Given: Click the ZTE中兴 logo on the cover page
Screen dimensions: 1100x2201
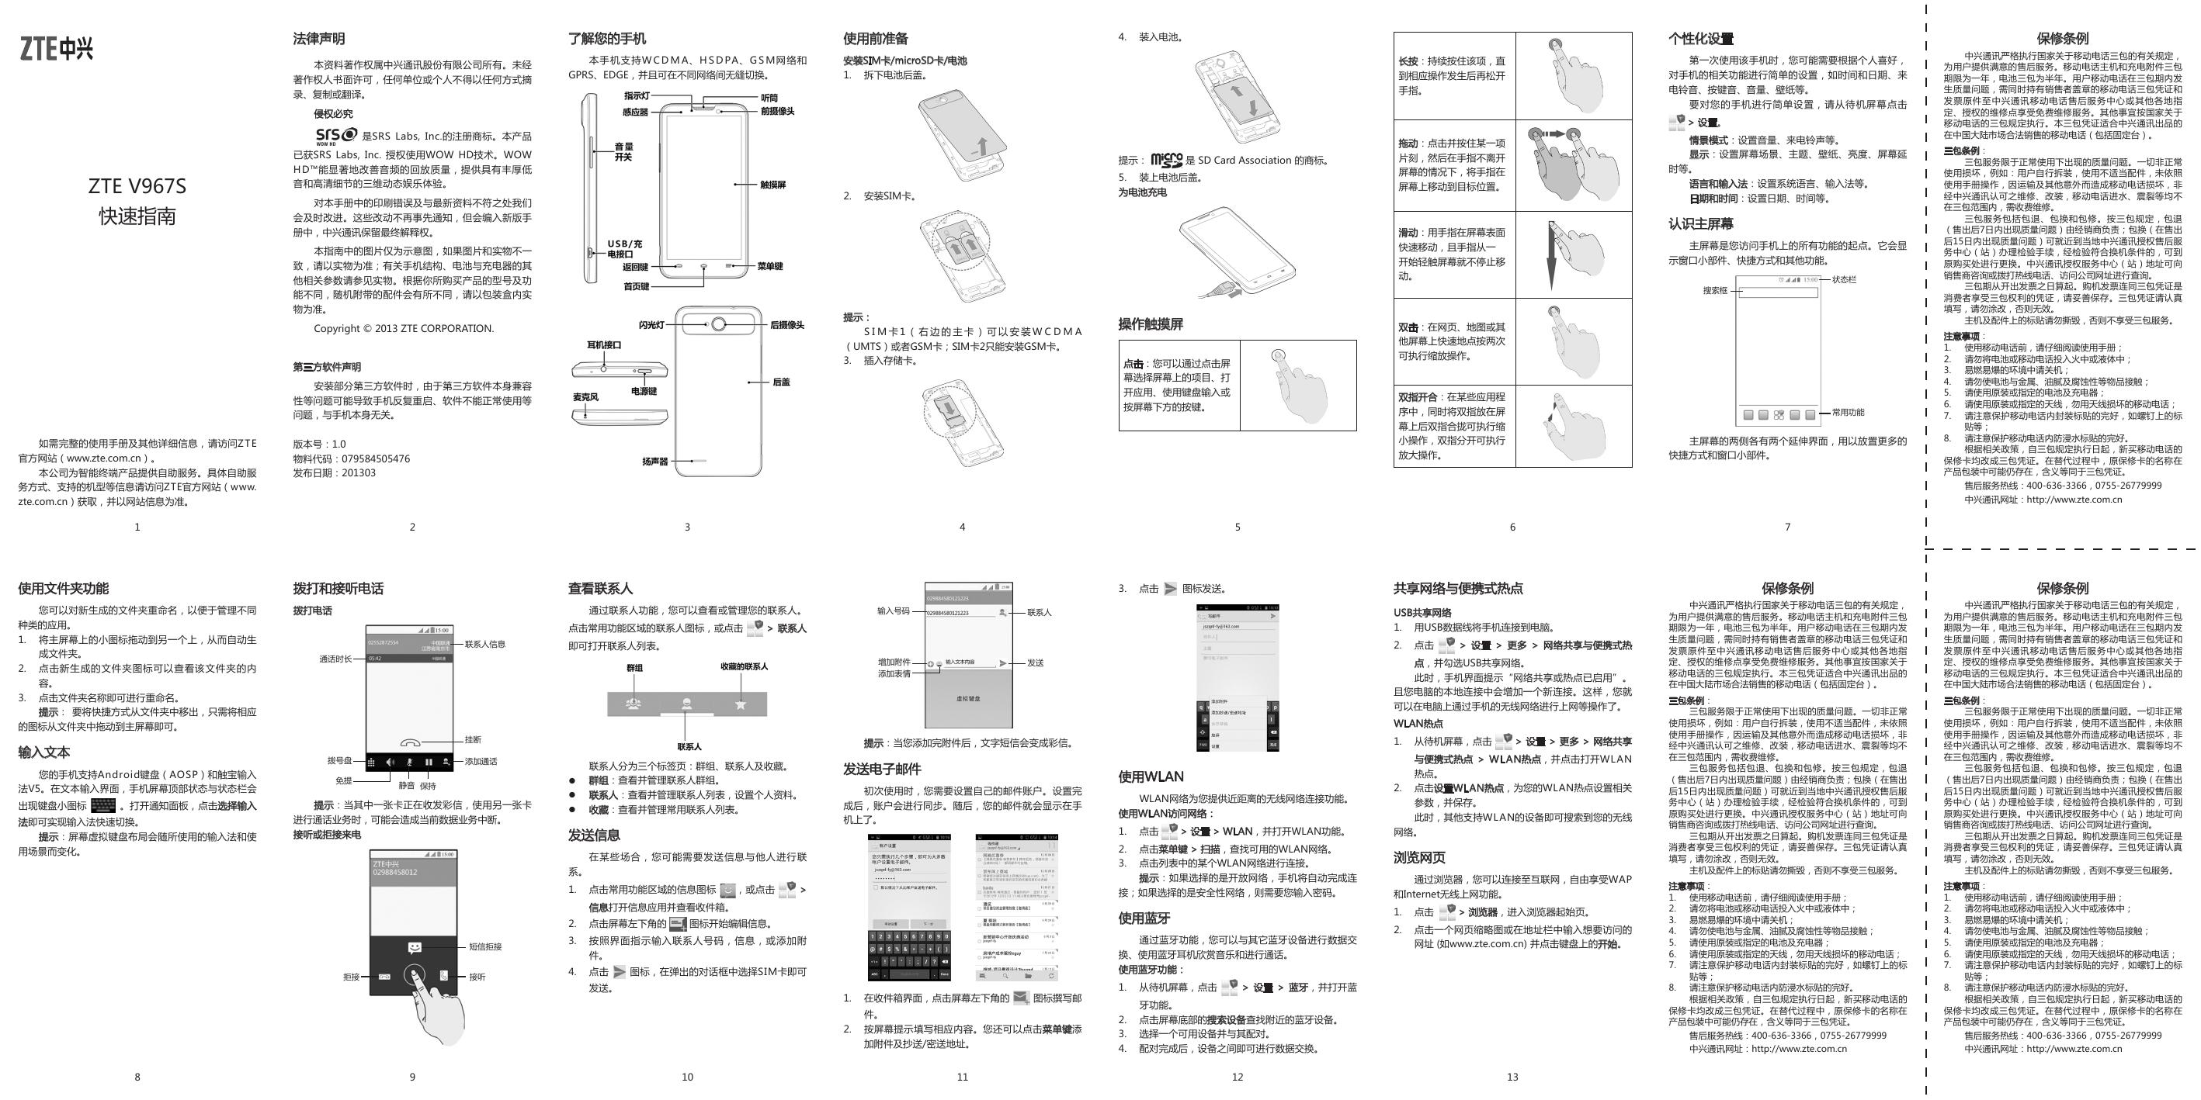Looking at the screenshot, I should point(57,49).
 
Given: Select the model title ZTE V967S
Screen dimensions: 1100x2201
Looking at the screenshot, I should point(137,186).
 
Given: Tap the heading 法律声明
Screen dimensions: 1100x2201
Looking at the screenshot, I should point(319,39).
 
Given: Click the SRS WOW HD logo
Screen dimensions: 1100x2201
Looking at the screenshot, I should point(337,136).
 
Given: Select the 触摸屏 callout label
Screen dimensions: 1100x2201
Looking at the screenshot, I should point(772,185).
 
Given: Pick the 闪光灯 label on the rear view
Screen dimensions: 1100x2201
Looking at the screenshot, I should point(651,325).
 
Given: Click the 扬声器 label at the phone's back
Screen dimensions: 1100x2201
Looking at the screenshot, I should point(654,462).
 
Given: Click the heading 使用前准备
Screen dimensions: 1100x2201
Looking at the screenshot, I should point(875,39).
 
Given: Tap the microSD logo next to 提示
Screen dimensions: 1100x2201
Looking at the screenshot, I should point(1166,160).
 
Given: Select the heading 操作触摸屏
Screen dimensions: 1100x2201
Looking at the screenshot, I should point(1150,324).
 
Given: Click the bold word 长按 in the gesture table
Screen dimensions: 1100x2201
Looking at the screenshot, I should point(1408,61).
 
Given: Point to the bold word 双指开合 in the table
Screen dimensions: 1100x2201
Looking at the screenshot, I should point(1417,397).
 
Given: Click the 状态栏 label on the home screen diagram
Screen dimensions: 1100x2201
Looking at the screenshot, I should point(1844,279).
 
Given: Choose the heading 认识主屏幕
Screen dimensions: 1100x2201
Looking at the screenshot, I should point(1700,223).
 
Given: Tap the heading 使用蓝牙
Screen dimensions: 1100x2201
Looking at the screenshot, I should point(1144,918).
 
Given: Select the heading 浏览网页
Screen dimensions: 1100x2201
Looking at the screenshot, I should point(1419,857).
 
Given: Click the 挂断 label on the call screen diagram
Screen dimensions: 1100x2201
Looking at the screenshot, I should point(473,739).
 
